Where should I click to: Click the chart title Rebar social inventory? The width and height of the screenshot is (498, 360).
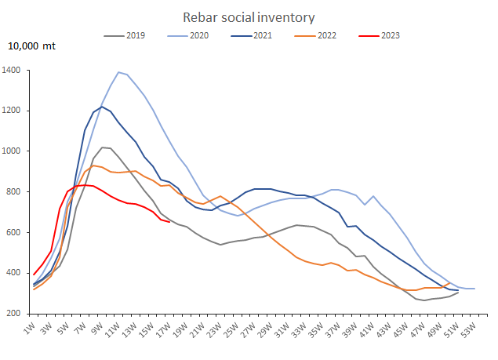(x=249, y=16)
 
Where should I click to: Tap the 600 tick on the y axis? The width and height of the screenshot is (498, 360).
(x=13, y=232)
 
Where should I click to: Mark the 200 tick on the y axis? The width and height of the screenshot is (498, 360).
(x=13, y=314)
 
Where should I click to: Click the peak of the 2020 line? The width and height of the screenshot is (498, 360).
(x=118, y=72)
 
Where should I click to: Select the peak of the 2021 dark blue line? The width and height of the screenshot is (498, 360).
(x=101, y=107)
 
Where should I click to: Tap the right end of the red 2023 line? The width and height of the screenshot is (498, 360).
(x=170, y=222)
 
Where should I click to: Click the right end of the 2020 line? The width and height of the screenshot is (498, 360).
(x=474, y=289)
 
